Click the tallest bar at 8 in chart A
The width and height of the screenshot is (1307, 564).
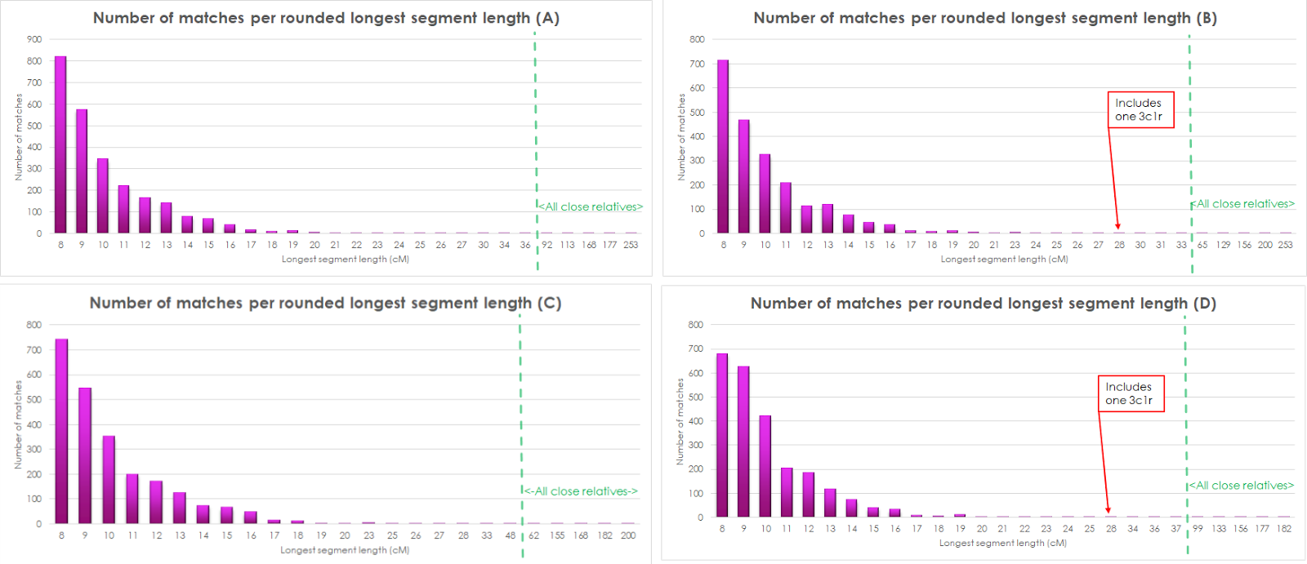pos(60,144)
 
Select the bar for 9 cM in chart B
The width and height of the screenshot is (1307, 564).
pos(743,176)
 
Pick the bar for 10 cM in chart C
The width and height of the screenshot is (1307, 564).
pos(109,480)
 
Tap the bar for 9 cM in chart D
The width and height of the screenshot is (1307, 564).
pos(743,442)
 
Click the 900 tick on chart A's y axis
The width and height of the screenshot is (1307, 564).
pos(33,39)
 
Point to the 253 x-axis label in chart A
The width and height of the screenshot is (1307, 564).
pos(631,245)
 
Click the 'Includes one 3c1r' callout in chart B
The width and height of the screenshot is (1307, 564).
pos(1140,109)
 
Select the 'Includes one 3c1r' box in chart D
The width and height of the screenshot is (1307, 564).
pos(1130,393)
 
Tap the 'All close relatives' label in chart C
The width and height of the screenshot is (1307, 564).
pos(581,491)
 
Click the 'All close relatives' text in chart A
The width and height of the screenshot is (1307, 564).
pos(591,207)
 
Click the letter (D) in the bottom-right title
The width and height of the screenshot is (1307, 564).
pos(1204,304)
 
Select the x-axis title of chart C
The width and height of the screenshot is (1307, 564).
pos(345,550)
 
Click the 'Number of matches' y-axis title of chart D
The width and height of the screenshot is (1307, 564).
pos(680,421)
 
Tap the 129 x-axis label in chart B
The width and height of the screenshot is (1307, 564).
pos(1223,245)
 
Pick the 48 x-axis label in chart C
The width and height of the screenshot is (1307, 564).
pos(511,535)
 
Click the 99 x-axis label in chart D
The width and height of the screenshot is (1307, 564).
pos(1198,529)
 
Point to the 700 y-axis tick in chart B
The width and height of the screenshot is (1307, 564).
pos(697,64)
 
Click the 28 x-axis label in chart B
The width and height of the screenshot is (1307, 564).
pos(1119,245)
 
